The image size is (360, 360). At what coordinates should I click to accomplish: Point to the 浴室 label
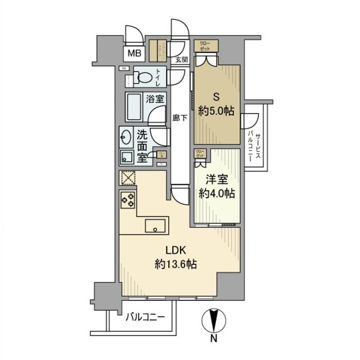[x=156, y=97]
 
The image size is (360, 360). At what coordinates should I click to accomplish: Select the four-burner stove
[x=127, y=200]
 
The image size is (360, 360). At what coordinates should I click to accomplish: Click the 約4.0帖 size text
[x=217, y=193]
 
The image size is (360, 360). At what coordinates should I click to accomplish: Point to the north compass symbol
[x=213, y=325]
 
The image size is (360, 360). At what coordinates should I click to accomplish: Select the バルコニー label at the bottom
[x=145, y=318]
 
